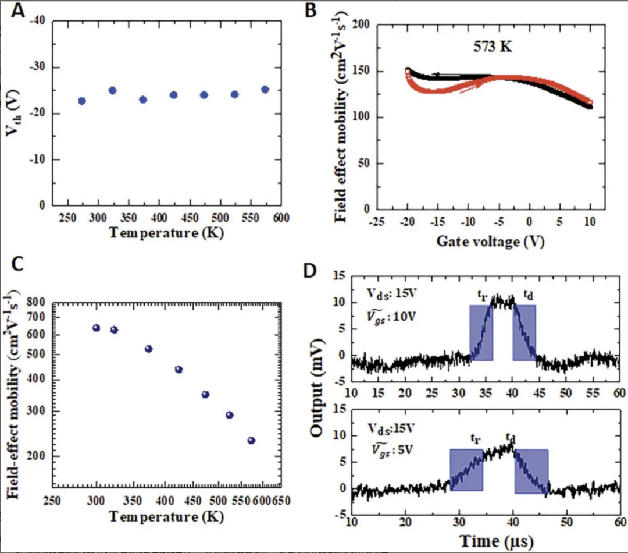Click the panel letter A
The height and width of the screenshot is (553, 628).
coord(19,11)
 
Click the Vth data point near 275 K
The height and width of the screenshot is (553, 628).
coord(82,101)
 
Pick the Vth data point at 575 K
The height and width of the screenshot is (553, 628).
coord(265,90)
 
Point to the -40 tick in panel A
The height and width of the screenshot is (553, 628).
coord(37,22)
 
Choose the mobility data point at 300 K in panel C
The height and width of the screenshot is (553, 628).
coord(96,328)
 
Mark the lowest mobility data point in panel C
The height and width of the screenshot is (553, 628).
coord(251,441)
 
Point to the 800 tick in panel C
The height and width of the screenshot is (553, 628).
coord(38,302)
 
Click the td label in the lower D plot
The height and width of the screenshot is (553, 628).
coord(511,436)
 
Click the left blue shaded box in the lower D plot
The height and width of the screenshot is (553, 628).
coord(466,469)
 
